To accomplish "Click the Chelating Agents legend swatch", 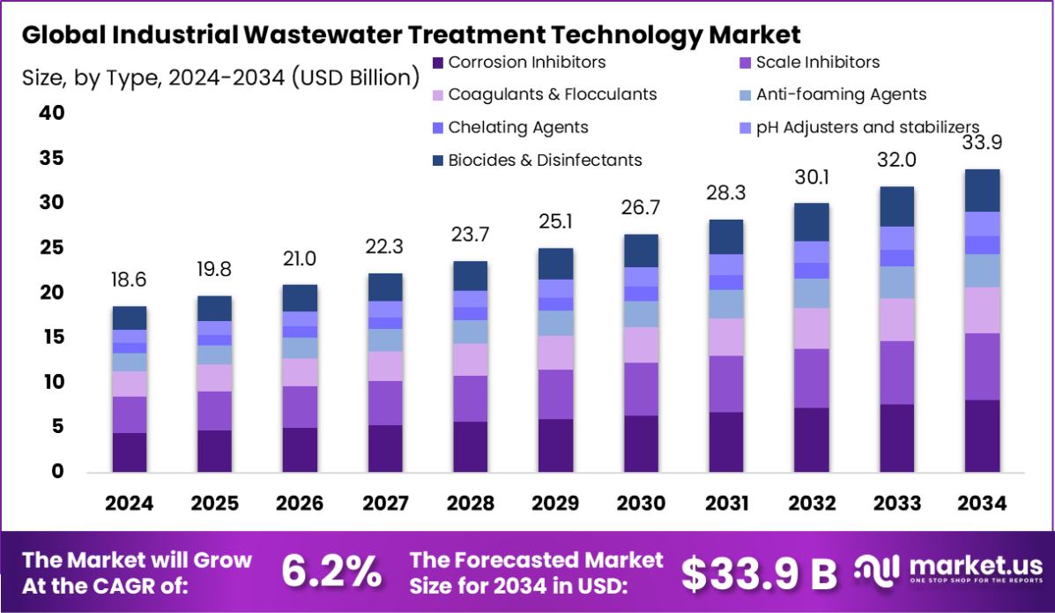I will [x=438, y=128].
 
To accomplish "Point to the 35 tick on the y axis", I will [x=52, y=159].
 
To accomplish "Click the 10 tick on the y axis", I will [x=52, y=382].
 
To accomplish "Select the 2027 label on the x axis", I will [x=385, y=504].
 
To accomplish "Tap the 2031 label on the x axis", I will [x=726, y=504].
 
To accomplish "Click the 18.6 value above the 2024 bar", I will [x=130, y=280].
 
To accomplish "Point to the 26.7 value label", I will [x=641, y=207].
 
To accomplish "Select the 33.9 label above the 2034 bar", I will [x=982, y=143].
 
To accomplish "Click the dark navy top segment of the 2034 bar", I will [x=982, y=190].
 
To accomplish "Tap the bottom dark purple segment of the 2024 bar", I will [x=130, y=452].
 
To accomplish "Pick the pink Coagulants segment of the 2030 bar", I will [x=641, y=345].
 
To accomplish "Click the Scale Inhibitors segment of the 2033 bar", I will [x=896, y=372].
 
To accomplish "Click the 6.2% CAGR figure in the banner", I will [x=332, y=572].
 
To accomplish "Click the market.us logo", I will [x=947, y=570].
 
